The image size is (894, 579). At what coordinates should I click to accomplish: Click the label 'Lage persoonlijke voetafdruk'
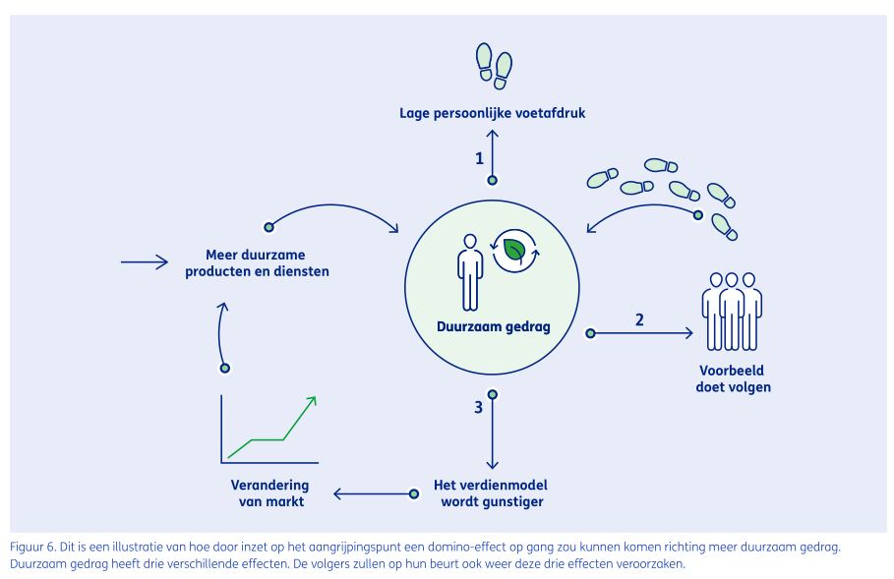click(x=492, y=113)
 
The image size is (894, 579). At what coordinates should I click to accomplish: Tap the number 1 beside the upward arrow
click(x=479, y=157)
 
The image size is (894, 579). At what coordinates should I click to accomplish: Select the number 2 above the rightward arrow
click(x=639, y=318)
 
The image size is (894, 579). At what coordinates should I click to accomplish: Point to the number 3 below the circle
click(x=478, y=406)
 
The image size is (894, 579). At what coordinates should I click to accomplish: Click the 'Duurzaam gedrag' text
click(x=494, y=326)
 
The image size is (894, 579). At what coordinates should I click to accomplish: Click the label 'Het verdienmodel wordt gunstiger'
click(x=491, y=493)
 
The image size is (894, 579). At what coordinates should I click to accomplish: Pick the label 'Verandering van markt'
click(x=268, y=493)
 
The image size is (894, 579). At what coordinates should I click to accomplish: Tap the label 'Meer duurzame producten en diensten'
click(x=257, y=263)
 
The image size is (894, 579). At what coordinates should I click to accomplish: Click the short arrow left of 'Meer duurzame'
click(x=144, y=262)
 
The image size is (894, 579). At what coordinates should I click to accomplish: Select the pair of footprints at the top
click(x=494, y=61)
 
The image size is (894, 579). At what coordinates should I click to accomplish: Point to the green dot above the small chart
click(x=225, y=368)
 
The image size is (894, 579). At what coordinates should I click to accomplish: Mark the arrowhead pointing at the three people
click(x=689, y=333)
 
